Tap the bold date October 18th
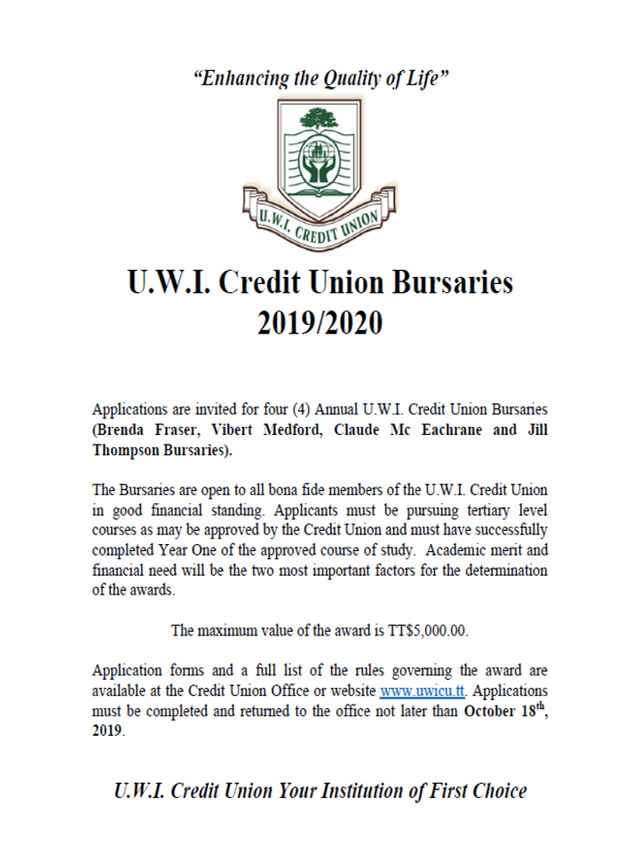(x=503, y=712)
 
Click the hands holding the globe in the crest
(x=317, y=169)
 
